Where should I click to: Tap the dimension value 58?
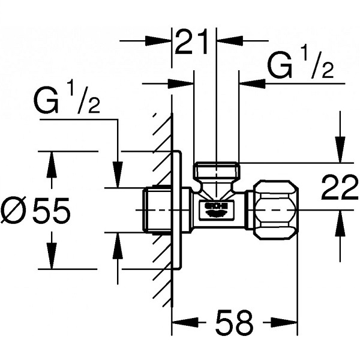click(x=234, y=322)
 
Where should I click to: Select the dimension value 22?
click(x=340, y=187)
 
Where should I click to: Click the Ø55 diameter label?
click(x=35, y=210)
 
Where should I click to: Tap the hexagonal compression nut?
click(x=275, y=210)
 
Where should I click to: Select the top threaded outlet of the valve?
click(x=217, y=169)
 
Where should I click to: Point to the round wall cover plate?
click(x=177, y=210)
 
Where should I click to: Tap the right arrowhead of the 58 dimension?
click(x=284, y=323)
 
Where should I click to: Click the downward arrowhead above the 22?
click(x=340, y=149)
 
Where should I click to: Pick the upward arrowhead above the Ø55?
click(x=52, y=164)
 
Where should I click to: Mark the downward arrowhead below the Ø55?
click(x=52, y=256)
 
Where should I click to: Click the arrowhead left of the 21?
click(x=158, y=41)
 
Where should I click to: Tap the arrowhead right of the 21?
click(x=230, y=41)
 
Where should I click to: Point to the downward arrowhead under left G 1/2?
click(x=118, y=175)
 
